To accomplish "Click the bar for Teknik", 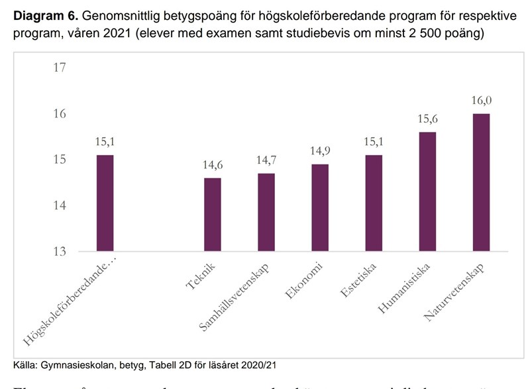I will click(213, 215).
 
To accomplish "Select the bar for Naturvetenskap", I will click(481, 182).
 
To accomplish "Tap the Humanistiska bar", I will click(427, 192).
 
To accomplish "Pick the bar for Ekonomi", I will click(320, 207).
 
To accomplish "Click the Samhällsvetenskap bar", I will click(266, 212).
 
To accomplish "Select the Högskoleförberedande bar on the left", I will click(105, 203).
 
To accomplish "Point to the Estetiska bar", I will click(374, 203).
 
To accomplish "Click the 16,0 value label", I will click(482, 101).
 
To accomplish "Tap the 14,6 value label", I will click(213, 166).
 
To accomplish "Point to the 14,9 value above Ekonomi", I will click(320, 151).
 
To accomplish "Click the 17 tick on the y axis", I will click(60, 68).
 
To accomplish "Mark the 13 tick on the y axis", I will click(60, 251).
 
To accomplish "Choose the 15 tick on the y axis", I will click(60, 160).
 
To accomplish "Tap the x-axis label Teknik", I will click(199, 276).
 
